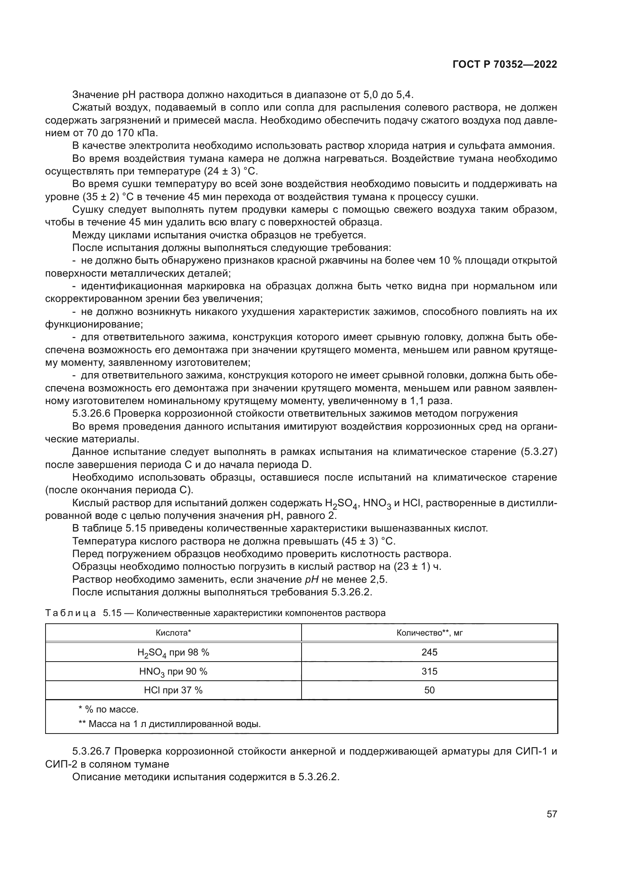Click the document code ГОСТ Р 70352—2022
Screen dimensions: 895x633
(x=505, y=65)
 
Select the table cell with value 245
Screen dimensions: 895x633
(x=429, y=652)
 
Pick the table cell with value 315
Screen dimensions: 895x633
(x=429, y=671)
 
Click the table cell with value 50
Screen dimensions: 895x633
(x=429, y=690)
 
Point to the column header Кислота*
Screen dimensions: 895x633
(x=173, y=633)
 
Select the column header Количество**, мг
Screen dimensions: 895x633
(x=429, y=633)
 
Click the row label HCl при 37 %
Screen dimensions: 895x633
(x=173, y=690)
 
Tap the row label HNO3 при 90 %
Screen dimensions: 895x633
(x=173, y=672)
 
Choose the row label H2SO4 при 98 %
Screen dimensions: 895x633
(x=173, y=652)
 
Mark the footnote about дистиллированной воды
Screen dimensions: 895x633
(x=170, y=724)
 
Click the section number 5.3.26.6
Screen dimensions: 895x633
(x=91, y=414)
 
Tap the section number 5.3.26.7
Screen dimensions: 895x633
(x=91, y=751)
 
